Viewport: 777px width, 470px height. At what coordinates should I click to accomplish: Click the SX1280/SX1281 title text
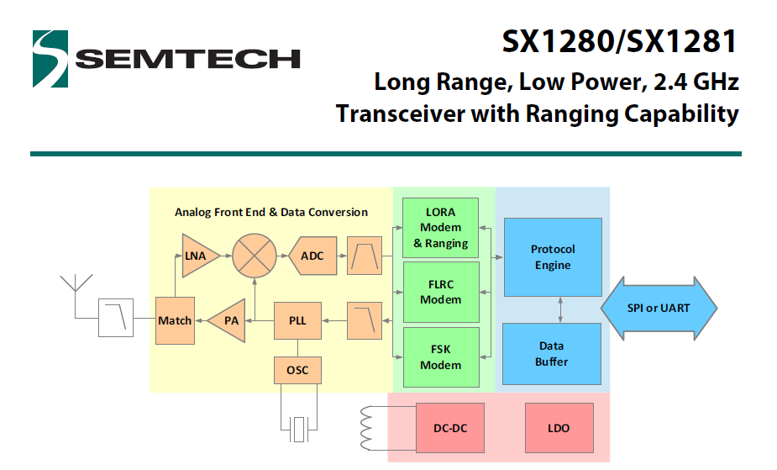(620, 41)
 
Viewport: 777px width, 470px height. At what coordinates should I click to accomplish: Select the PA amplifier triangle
(227, 320)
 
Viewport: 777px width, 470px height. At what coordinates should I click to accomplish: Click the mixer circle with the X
(255, 254)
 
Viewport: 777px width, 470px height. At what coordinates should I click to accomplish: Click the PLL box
(297, 320)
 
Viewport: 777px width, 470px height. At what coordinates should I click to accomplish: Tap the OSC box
(297, 370)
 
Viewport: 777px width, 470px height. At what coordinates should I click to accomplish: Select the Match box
(175, 320)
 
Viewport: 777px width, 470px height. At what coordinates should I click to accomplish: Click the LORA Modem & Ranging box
(441, 227)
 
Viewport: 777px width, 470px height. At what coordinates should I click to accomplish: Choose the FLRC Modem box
(441, 292)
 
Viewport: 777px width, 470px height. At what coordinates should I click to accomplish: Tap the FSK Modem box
(441, 357)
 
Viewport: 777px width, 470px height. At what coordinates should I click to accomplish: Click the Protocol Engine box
(552, 257)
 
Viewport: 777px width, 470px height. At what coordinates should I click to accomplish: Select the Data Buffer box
(552, 353)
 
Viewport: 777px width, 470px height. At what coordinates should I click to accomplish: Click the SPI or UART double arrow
(659, 308)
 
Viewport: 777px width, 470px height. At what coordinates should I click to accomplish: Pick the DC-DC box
(451, 428)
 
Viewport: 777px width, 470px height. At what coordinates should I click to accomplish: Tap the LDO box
(559, 428)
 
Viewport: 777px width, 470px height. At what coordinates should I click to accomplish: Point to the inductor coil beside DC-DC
(367, 428)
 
